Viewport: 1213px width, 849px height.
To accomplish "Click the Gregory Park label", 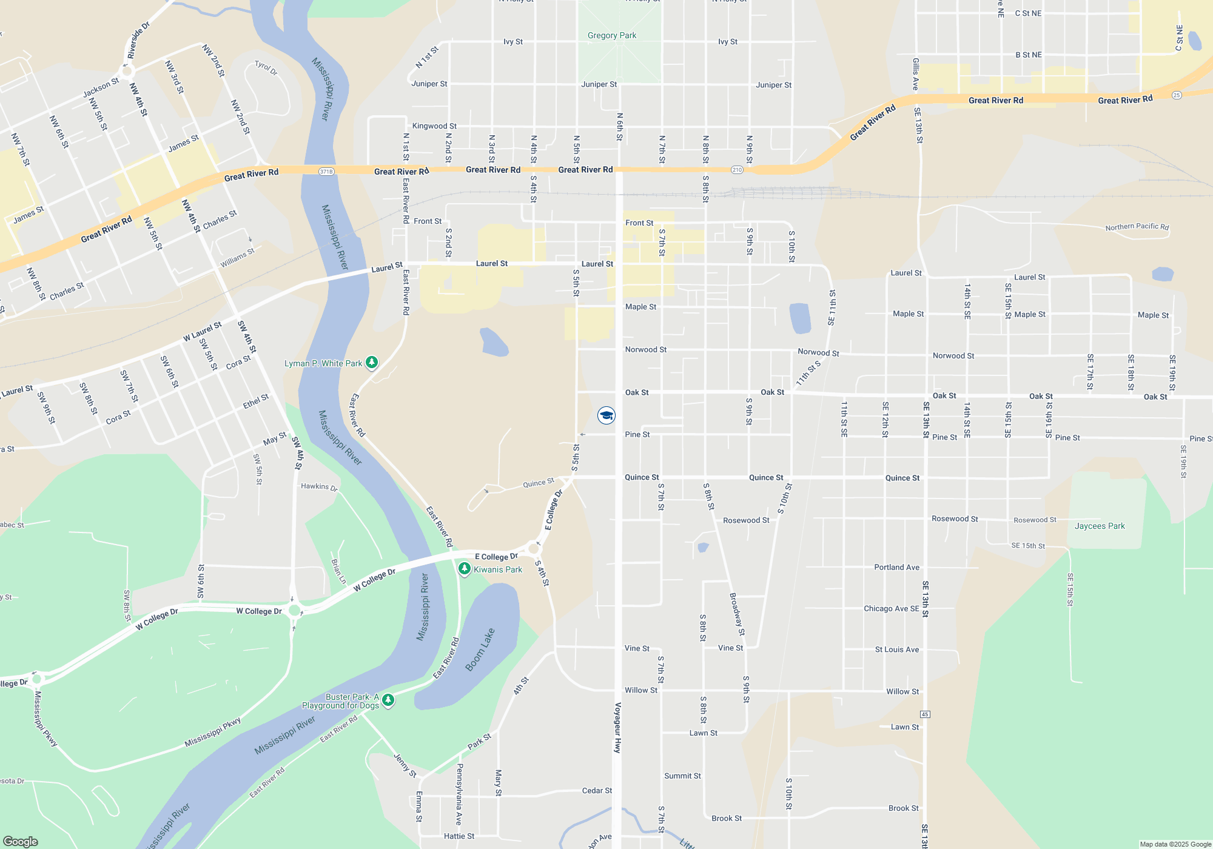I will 612,36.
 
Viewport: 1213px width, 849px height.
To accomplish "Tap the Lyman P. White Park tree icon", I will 372,363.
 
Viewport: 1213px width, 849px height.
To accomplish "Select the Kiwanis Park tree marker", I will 464,569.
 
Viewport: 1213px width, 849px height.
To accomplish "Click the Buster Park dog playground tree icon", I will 388,700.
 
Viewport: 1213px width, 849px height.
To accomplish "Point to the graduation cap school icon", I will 606,415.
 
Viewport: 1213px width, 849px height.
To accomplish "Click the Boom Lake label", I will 480,649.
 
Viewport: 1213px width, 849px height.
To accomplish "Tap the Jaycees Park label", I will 1100,526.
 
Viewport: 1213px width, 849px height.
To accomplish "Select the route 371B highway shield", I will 326,172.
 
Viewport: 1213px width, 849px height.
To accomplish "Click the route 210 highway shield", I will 737,170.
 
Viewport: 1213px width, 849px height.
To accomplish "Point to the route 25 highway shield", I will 1177,95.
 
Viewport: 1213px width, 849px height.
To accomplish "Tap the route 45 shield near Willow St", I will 925,714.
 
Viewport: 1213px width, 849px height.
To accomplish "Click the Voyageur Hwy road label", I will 618,728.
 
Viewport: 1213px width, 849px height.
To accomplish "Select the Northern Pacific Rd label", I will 1137,227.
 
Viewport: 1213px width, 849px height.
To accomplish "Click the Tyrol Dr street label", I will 266,68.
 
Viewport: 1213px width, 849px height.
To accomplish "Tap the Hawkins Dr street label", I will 319,486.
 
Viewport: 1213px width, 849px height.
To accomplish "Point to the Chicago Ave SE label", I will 891,608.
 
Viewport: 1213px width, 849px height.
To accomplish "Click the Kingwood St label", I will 434,126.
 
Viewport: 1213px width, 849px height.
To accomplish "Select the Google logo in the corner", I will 21,841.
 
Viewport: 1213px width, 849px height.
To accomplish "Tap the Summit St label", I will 682,776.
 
